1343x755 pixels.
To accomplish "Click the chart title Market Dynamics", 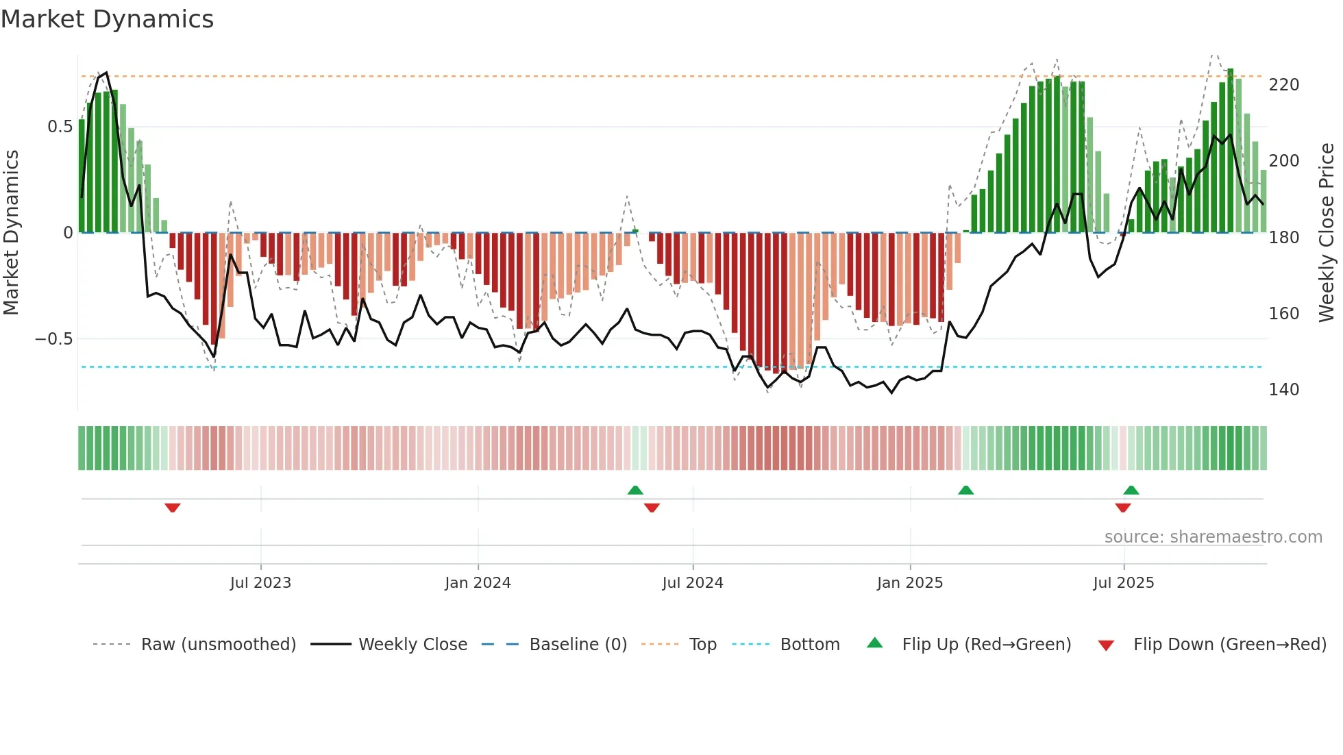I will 107,19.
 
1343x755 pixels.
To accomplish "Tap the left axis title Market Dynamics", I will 11,232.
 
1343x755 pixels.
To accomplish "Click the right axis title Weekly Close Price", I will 1327,232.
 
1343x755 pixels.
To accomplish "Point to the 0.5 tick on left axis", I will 60,127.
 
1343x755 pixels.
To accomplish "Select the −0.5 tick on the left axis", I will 54,339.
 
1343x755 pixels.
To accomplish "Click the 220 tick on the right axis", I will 1283,85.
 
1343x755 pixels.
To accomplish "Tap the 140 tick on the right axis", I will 1283,390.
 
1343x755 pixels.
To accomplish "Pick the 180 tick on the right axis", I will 1283,238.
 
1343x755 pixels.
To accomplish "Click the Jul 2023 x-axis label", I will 260,583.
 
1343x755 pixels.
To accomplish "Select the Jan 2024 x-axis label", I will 478,583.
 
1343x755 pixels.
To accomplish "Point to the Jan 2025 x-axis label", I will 910,583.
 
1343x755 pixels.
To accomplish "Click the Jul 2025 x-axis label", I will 1124,583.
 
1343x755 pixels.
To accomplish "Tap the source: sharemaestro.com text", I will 1213,537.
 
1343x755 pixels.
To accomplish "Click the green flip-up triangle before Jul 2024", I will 635,490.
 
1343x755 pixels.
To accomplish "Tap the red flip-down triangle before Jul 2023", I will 173,508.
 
